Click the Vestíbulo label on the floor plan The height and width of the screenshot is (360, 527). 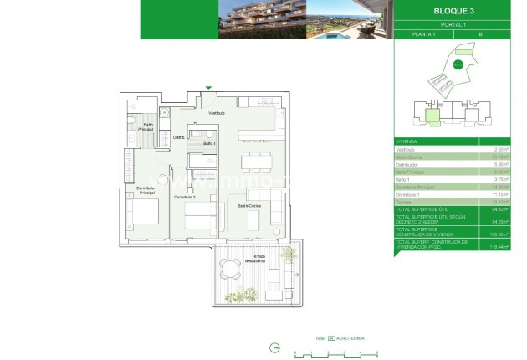point(217,112)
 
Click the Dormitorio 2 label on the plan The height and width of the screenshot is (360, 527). point(184,197)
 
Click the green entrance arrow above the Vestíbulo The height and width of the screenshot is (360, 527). point(209,87)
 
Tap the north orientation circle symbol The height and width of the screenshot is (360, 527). point(274,347)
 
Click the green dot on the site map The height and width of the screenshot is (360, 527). point(458,64)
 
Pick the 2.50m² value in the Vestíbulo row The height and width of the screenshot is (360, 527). point(501,148)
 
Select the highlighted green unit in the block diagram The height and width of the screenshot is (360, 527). point(432,116)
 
